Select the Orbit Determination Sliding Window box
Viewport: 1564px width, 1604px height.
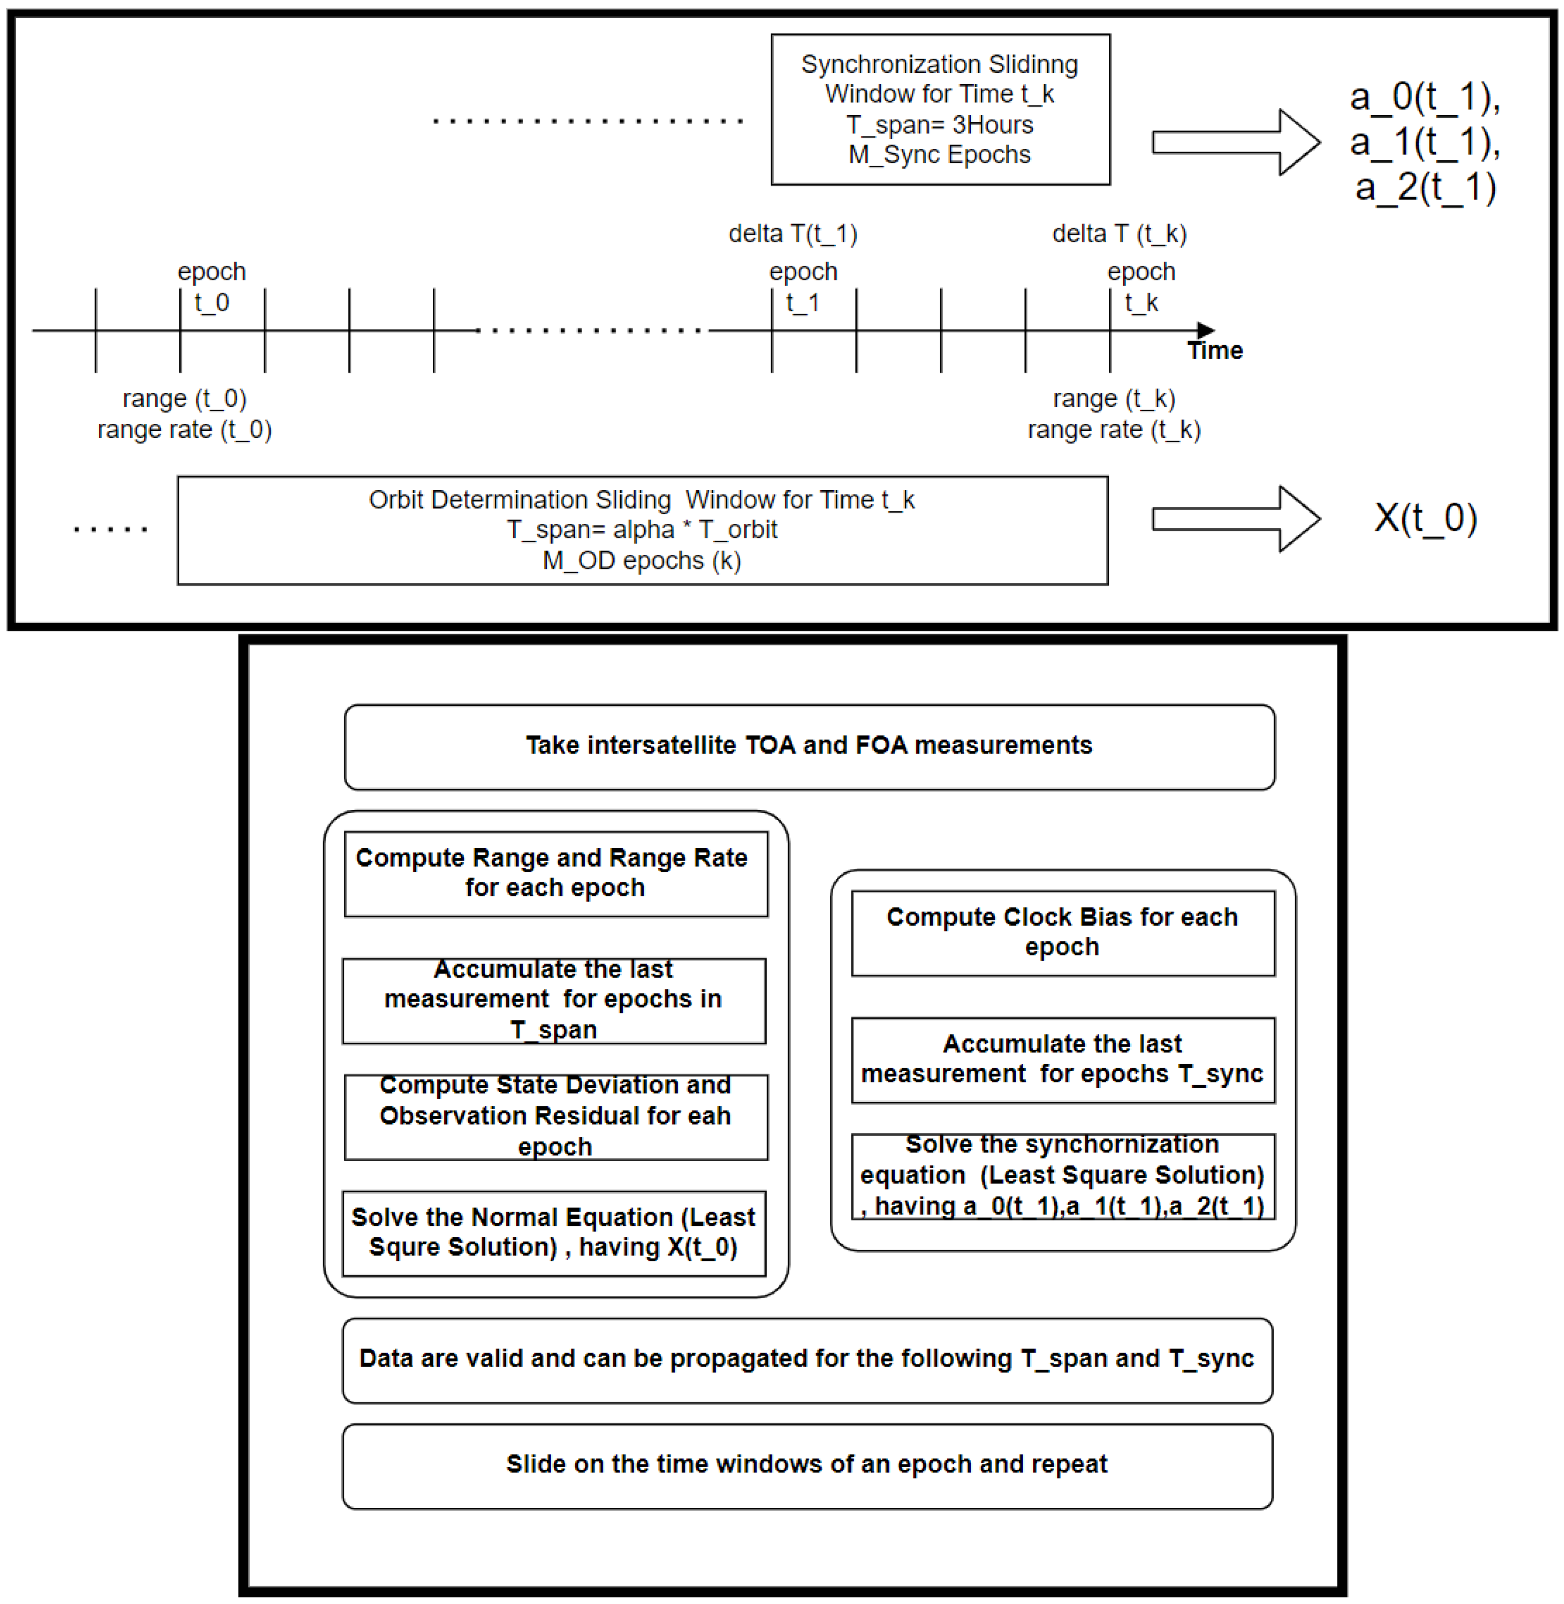642,530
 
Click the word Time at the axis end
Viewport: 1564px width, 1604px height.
1215,351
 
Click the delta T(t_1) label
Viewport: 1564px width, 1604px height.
793,234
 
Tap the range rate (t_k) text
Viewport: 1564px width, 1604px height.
1114,430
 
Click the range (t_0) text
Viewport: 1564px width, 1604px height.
184,398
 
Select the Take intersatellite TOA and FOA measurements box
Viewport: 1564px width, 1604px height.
809,746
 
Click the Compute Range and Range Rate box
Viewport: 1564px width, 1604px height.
556,873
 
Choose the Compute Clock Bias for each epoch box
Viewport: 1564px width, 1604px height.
1062,932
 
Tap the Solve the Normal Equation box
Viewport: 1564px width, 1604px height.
553,1232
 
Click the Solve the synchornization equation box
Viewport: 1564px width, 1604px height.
1062,1175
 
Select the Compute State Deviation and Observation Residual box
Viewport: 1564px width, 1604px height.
556,1116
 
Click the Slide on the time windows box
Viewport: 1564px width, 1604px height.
806,1465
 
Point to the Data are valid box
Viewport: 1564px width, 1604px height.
806,1359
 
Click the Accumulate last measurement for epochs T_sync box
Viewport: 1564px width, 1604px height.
1062,1059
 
